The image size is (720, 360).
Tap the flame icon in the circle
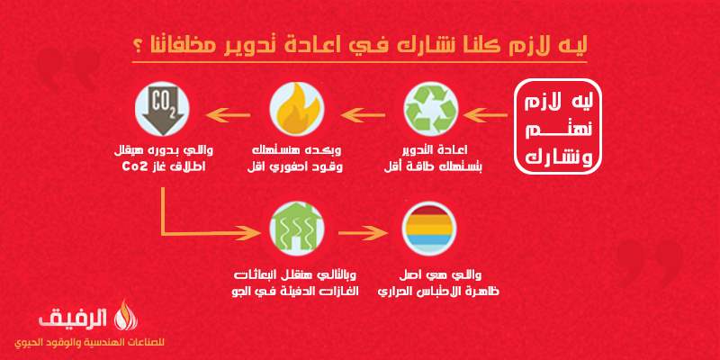297,109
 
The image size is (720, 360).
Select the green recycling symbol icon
431,109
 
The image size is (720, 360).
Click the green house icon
297,229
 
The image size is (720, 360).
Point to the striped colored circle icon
427,229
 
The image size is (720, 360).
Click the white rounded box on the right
557,127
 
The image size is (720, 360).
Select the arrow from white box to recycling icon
485,115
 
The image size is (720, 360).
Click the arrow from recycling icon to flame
363,115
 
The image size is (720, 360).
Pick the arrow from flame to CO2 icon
228,115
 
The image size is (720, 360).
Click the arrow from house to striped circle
363,233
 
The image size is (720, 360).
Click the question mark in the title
137,47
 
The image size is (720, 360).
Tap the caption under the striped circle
438,283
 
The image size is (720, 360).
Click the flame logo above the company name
121,314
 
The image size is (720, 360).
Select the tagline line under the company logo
89,343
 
